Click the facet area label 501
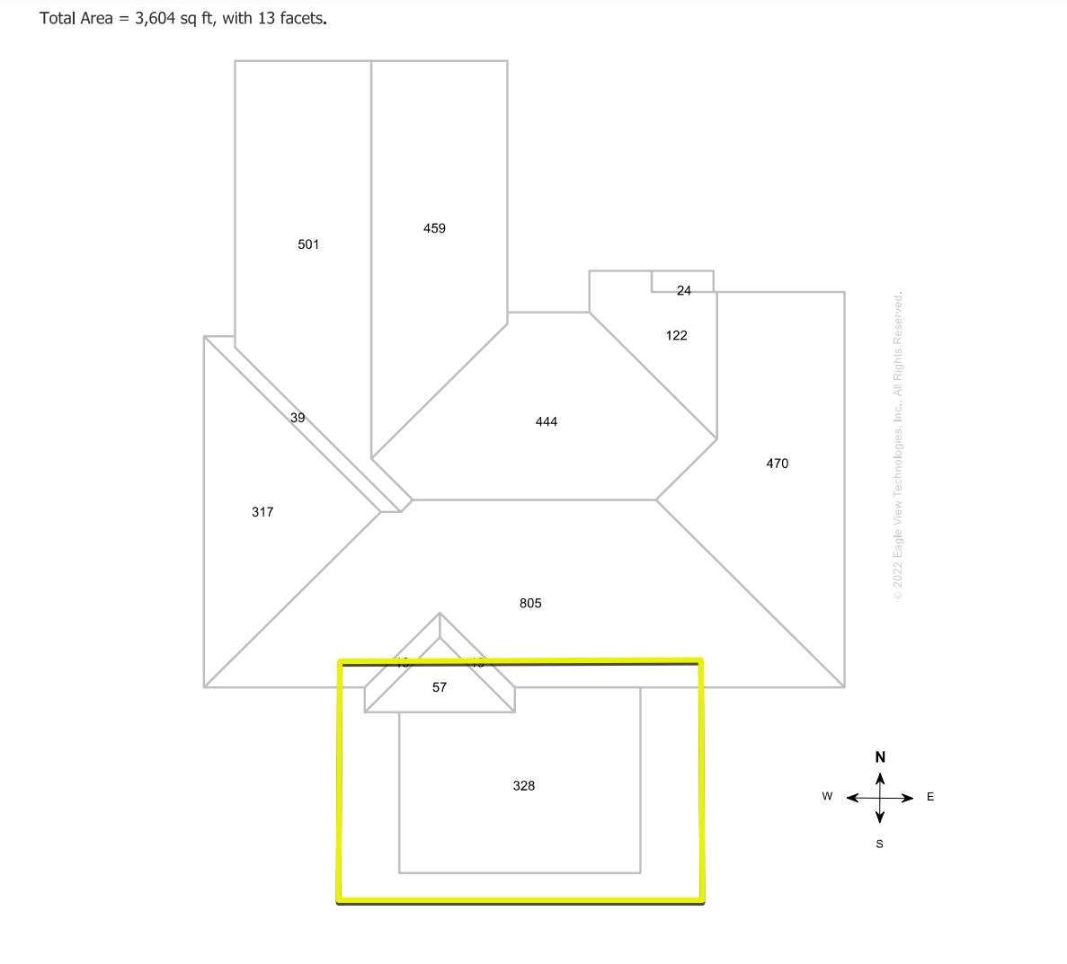308,244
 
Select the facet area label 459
434,228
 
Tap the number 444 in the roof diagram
547,421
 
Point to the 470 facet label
777,464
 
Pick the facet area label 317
262,512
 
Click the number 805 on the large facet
530,603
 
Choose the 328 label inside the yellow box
523,786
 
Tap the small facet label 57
439,687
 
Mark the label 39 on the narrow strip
298,418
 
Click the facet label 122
676,335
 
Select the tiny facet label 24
684,290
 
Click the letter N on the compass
880,756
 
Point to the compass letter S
879,844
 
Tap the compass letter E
929,797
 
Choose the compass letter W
827,797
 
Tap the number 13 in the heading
266,18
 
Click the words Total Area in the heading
76,18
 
